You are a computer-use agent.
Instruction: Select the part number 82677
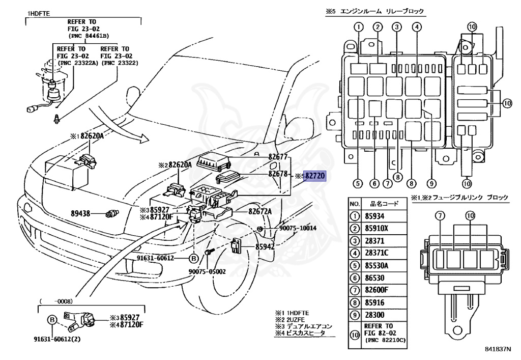coord(278,157)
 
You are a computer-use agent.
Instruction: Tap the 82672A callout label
coord(260,211)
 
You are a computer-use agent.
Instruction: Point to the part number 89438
coord(80,214)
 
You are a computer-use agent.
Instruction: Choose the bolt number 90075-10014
coord(298,228)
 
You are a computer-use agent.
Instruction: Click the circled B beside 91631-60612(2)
coord(52,320)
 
